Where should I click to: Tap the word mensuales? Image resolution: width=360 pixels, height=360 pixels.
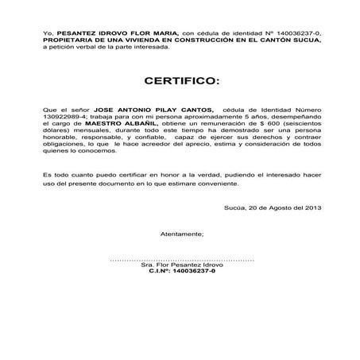pyautogui.click(x=89, y=131)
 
